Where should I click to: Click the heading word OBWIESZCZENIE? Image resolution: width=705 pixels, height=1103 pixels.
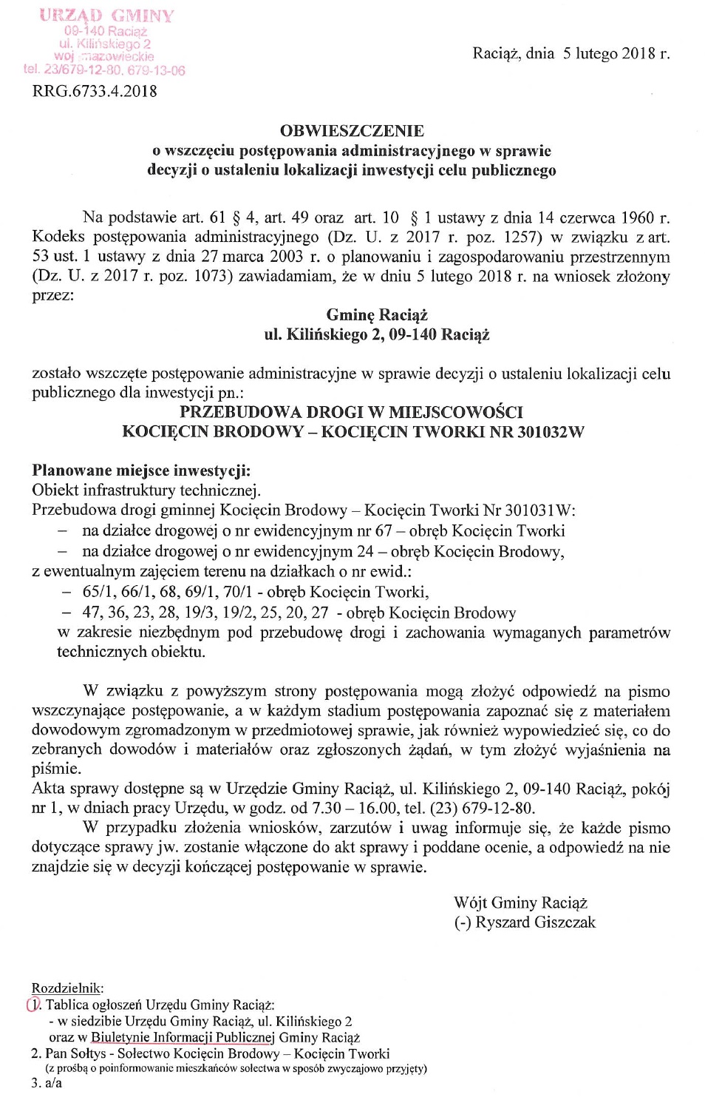pyautogui.click(x=352, y=131)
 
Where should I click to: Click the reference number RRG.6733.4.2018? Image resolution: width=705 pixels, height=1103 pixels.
pyautogui.click(x=95, y=92)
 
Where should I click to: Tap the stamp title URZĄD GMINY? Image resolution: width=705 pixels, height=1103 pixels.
pyautogui.click(x=106, y=16)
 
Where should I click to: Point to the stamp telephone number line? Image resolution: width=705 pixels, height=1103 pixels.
pyautogui.click(x=104, y=70)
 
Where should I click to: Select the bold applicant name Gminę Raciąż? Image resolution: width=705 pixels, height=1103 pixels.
pyautogui.click(x=377, y=315)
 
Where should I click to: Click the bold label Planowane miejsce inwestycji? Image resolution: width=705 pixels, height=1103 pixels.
pyautogui.click(x=141, y=470)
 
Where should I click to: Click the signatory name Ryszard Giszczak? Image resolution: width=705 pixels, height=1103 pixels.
pyautogui.click(x=535, y=922)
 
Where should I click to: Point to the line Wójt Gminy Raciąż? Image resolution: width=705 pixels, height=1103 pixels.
pyautogui.click(x=520, y=903)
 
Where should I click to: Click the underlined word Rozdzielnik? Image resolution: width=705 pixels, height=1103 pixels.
pyautogui.click(x=67, y=988)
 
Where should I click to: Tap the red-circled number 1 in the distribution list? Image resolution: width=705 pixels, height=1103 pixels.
pyautogui.click(x=33, y=1005)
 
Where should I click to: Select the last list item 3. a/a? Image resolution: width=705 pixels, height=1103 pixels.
pyautogui.click(x=47, y=1083)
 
